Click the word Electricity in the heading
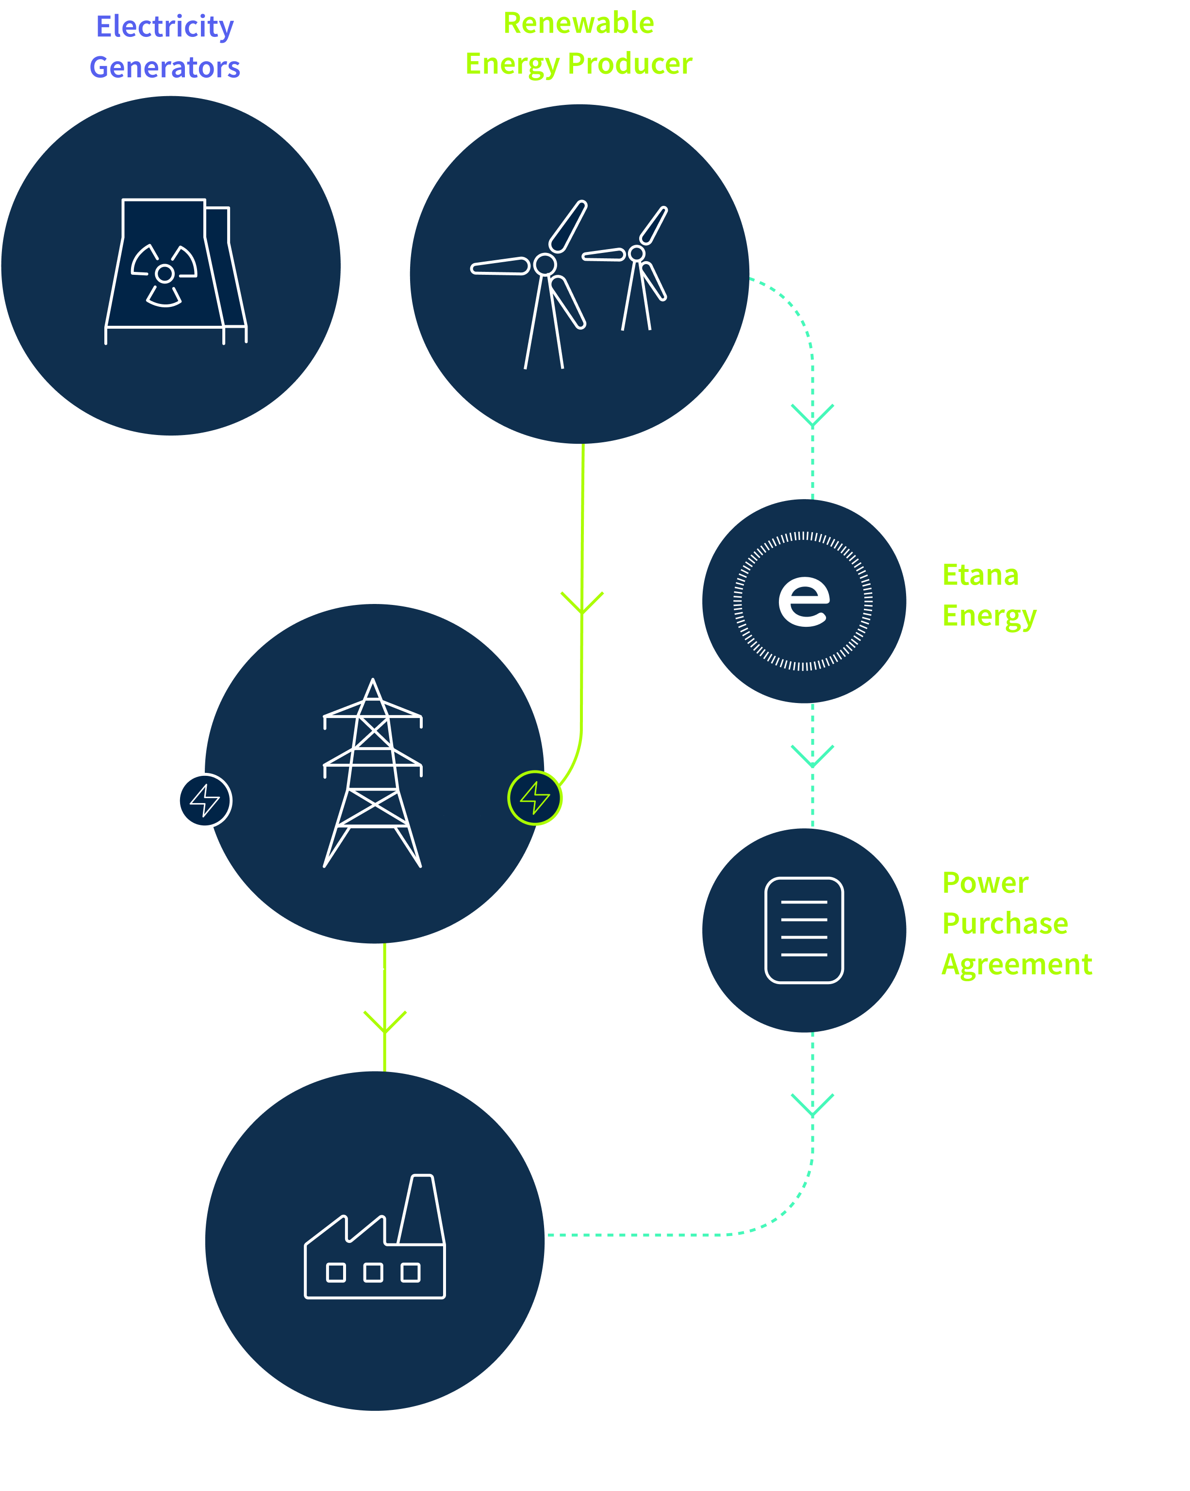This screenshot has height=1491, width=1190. point(165,27)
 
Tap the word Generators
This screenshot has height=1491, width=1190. point(165,67)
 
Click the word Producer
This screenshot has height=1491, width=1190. point(630,64)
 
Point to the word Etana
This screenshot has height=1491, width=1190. point(980,575)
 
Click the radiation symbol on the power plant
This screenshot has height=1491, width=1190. point(165,274)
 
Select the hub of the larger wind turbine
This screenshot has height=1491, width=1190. point(545,264)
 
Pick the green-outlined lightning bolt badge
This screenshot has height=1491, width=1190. point(534,797)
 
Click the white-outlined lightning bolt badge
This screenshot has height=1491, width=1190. point(205,800)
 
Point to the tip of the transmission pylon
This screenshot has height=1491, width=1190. point(373,679)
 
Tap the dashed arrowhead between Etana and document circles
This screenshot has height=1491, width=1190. point(812,756)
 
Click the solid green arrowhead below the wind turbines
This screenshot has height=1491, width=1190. point(582,603)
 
